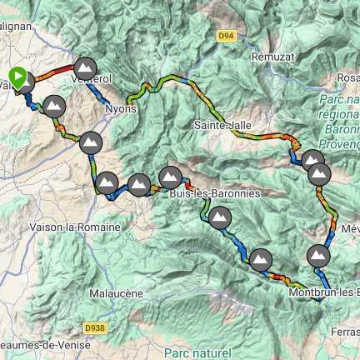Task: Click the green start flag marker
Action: (17, 76)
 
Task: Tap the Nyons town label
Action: (121, 108)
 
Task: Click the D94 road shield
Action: (224, 36)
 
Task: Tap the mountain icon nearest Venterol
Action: (85, 67)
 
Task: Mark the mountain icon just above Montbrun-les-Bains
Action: (318, 255)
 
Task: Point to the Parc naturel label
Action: (197, 353)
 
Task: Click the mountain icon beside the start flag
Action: (25, 82)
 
